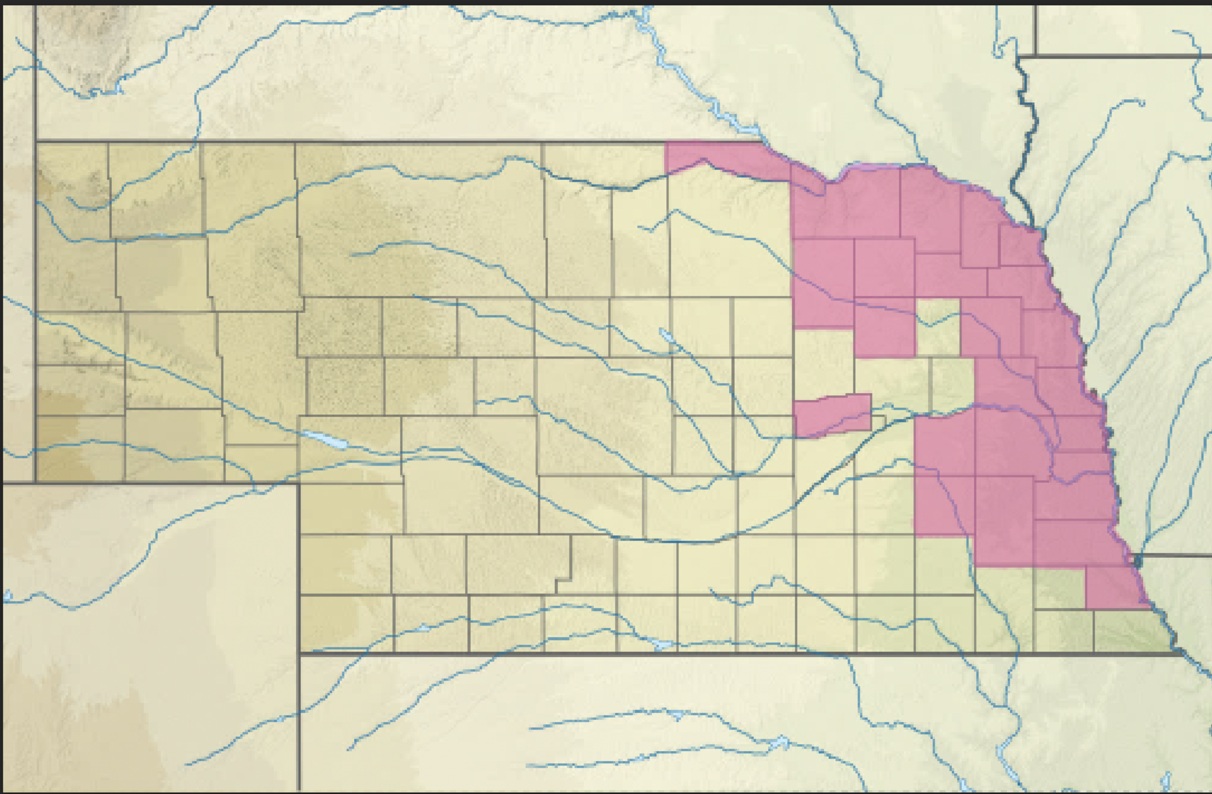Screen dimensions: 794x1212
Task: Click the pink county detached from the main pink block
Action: click(x=832, y=415)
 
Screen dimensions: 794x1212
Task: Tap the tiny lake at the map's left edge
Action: click(x=8, y=595)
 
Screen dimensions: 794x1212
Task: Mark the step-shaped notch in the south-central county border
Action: click(x=564, y=579)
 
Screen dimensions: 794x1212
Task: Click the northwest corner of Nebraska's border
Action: click(x=37, y=141)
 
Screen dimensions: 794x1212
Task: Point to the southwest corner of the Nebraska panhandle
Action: click(x=35, y=483)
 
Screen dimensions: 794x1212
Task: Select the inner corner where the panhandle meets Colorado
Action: click(x=299, y=483)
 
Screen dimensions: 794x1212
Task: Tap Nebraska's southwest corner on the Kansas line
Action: click(x=299, y=654)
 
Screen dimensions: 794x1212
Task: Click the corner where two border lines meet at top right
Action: click(x=1036, y=56)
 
